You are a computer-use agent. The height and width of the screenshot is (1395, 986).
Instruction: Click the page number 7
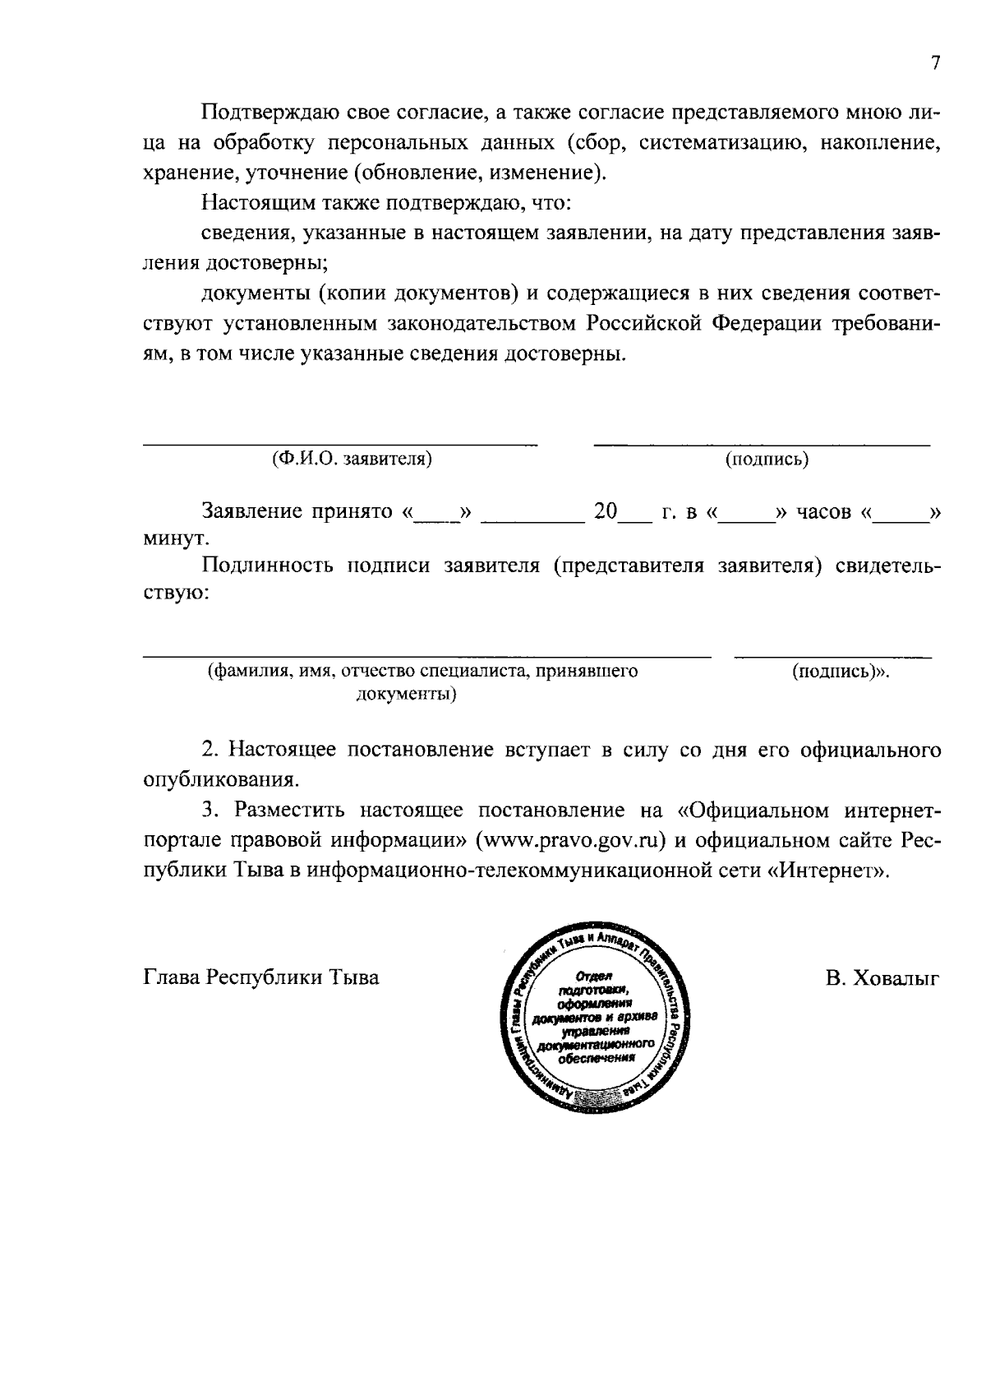point(935,64)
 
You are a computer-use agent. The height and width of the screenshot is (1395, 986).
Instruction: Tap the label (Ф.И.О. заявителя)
point(352,459)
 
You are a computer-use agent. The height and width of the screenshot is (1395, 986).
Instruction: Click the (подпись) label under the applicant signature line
point(766,460)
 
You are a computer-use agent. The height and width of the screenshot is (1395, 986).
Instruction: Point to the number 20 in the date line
point(606,511)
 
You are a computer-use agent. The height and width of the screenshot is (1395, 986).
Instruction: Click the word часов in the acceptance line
point(824,511)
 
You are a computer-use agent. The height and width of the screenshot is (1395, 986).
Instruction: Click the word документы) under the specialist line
point(406,695)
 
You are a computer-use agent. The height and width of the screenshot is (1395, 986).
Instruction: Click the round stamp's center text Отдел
point(591,977)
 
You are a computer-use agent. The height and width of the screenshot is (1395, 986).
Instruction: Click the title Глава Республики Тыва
point(261,978)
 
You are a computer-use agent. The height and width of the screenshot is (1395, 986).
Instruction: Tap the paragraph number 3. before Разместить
point(211,811)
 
